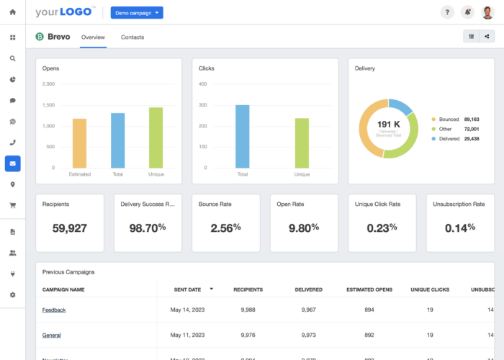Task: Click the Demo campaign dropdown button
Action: [137, 13]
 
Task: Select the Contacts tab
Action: [132, 37]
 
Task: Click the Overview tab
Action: [93, 37]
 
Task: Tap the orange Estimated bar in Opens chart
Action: [79, 143]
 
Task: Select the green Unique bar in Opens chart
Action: [156, 138]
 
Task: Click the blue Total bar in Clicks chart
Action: [243, 136]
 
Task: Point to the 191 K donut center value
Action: [389, 124]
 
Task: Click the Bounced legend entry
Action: [449, 119]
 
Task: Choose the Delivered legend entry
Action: [449, 138]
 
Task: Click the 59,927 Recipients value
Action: [70, 228]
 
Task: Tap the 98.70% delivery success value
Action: [148, 228]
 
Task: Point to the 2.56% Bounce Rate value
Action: [225, 228]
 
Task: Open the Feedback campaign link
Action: [54, 310]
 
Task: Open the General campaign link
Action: [51, 335]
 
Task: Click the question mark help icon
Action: [446, 12]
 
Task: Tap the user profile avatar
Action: [487, 12]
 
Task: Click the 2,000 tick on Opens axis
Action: [48, 84]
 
